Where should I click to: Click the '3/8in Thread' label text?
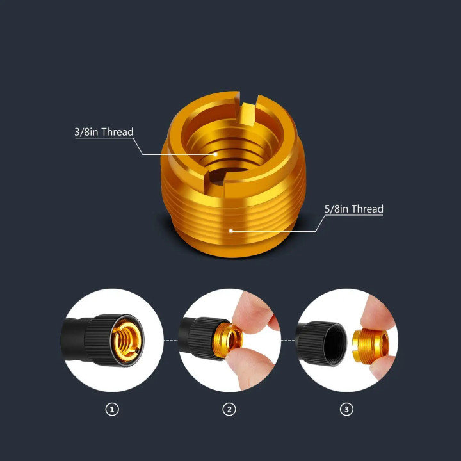coord(104,132)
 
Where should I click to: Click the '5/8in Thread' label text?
coord(354,209)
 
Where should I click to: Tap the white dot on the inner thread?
coord(216,154)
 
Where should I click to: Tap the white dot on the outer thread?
coord(230,230)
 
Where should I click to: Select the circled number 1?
coord(112,409)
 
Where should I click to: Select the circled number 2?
coord(229,409)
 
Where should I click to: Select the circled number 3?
coord(346,409)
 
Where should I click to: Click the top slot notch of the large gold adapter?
coord(248,109)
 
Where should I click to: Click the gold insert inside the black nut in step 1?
coord(127,341)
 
